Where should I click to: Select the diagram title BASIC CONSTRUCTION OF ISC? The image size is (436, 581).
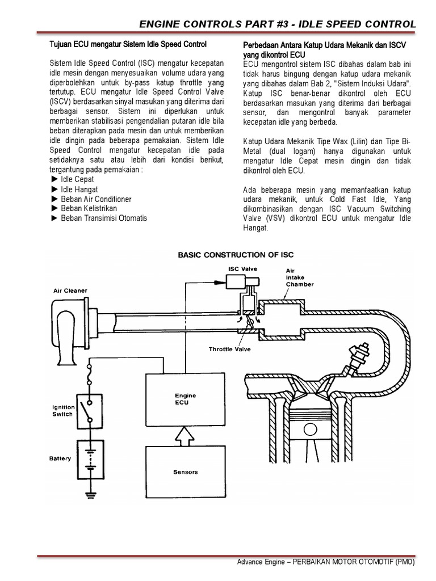tap(236, 255)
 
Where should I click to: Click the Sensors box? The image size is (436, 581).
tap(182, 471)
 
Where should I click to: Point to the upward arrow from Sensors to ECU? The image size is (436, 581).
tap(182, 435)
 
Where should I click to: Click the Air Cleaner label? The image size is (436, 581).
tap(70, 290)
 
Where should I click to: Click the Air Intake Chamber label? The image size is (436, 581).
tap(299, 277)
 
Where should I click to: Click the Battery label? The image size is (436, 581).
tap(60, 458)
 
